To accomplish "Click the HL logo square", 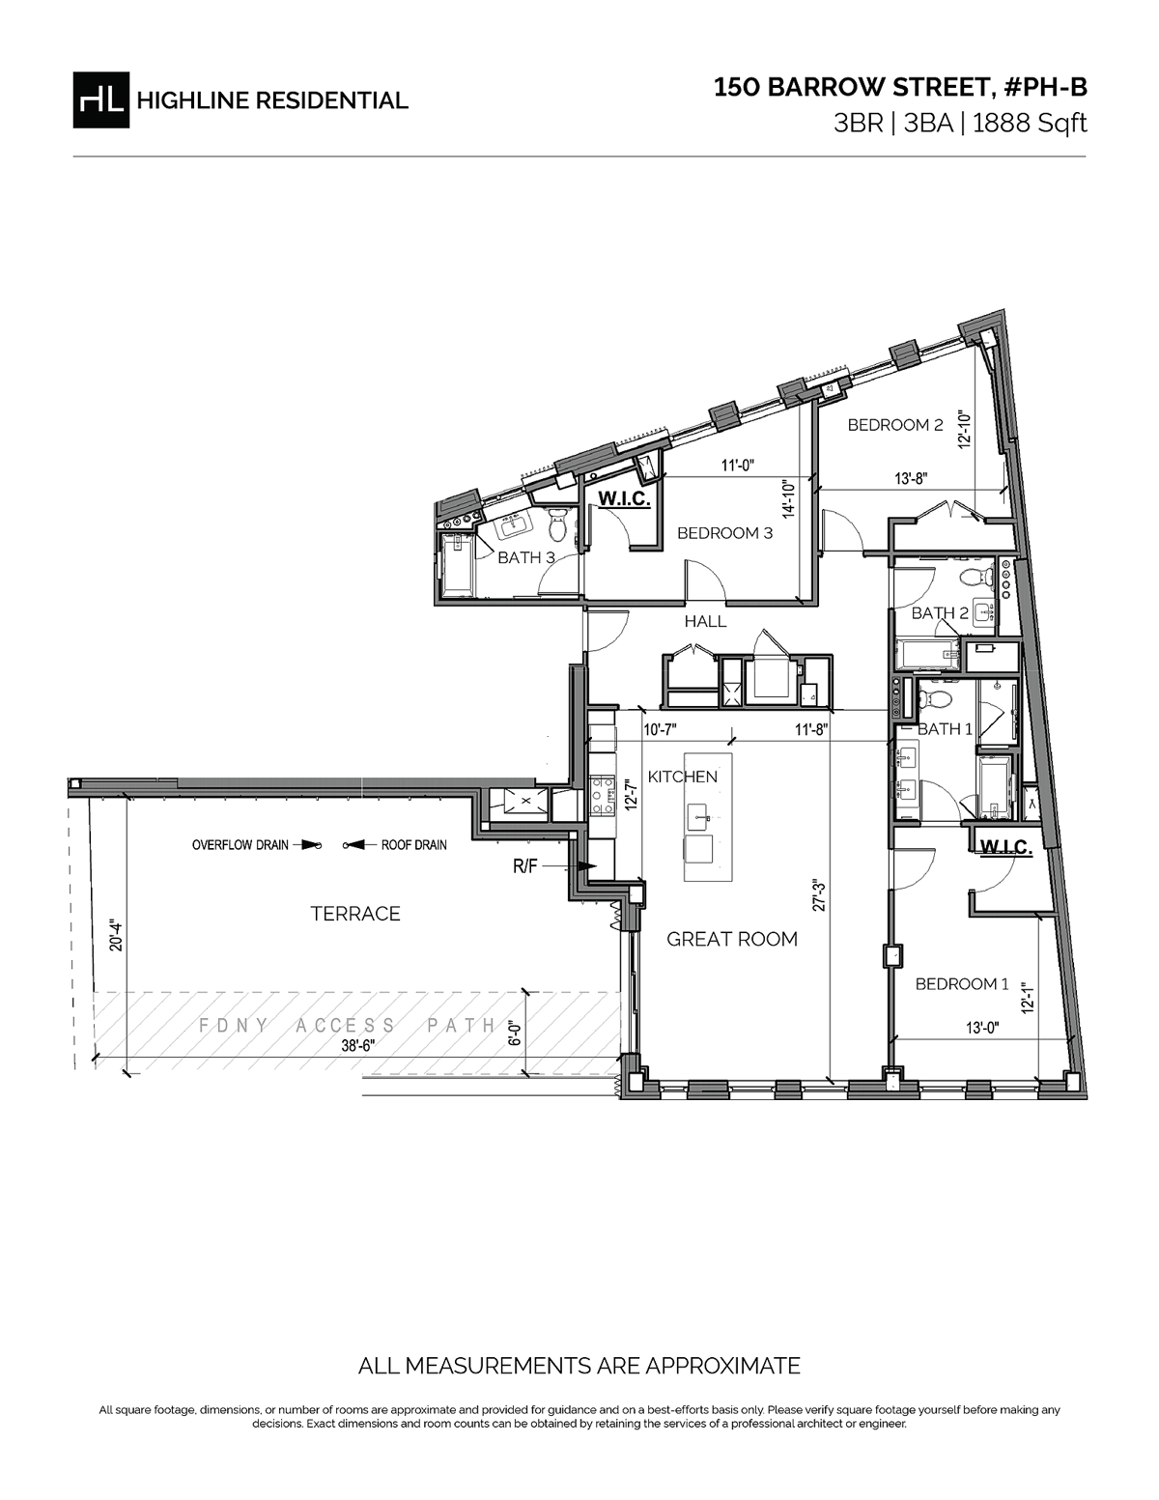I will tap(99, 99).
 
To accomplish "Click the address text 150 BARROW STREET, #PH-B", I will tap(900, 88).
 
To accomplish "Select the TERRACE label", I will tap(355, 914).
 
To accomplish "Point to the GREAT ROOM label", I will tap(732, 939).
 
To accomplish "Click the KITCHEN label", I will tap(682, 777).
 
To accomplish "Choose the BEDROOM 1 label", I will tap(961, 983).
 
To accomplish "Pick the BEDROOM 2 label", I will tap(894, 425).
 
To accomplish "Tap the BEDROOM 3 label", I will tap(724, 533).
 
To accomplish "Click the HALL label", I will tap(705, 621).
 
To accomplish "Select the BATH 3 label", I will tap(525, 557).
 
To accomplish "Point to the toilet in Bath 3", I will tap(556, 525).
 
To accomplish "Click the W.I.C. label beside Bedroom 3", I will tap(625, 499).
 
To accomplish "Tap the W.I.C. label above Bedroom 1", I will tap(1006, 848).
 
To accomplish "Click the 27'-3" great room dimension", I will tap(819, 896).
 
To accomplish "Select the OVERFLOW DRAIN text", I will tap(240, 845).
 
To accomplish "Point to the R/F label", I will tap(525, 867).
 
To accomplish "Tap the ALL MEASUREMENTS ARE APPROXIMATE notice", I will tap(579, 1366).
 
